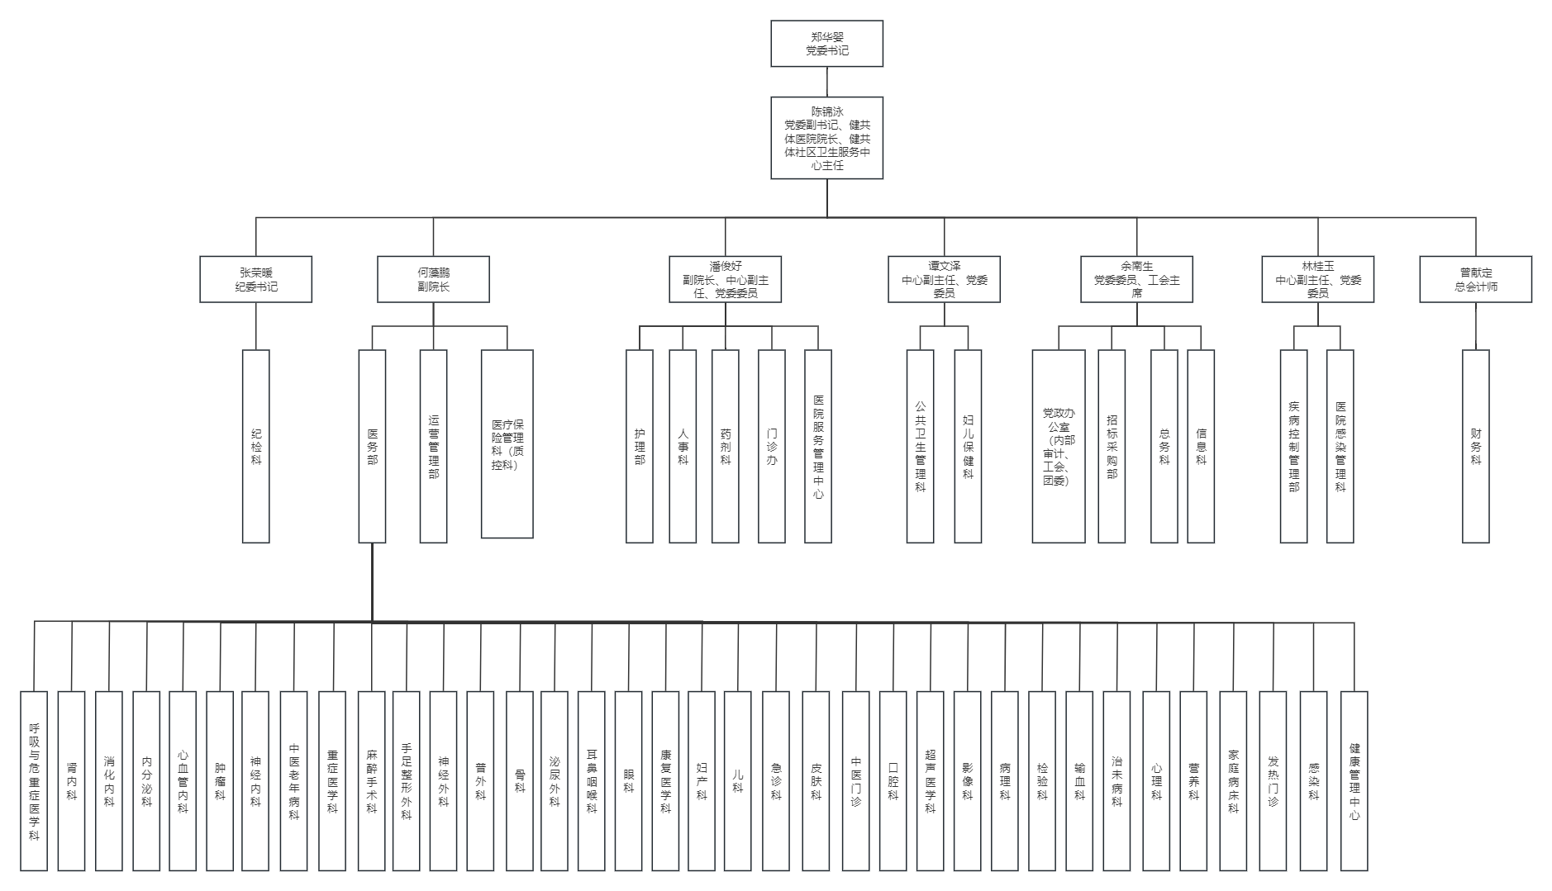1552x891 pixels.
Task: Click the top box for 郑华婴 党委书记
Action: (x=826, y=44)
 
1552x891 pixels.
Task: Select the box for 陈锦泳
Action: (x=826, y=138)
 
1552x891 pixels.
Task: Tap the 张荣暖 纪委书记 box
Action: (x=255, y=279)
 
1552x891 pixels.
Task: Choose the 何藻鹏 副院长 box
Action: (x=433, y=279)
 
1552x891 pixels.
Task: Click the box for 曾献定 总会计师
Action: (x=1475, y=279)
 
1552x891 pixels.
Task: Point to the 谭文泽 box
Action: (x=944, y=279)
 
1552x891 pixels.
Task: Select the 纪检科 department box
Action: (x=255, y=446)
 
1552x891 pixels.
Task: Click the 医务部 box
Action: (x=372, y=446)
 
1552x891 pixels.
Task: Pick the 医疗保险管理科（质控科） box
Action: (x=507, y=444)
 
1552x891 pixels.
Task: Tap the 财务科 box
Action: (x=1475, y=446)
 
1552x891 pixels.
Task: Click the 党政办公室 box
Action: (x=1058, y=446)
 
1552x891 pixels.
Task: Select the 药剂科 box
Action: (x=725, y=446)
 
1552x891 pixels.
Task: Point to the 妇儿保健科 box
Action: (x=968, y=446)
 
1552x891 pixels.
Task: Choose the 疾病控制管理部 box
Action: (x=1293, y=446)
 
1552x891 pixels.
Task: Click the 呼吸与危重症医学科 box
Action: (x=34, y=781)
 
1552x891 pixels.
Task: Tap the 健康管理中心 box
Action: (x=1354, y=781)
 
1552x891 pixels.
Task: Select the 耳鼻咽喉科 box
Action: (x=591, y=781)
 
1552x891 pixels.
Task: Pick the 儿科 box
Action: (x=737, y=781)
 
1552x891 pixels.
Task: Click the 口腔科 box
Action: (x=893, y=781)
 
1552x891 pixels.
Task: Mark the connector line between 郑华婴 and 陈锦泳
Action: (x=826, y=82)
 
